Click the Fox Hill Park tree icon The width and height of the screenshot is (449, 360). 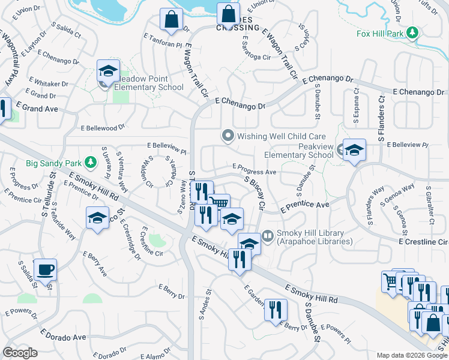coord(412,33)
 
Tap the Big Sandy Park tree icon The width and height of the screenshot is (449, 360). coord(90,162)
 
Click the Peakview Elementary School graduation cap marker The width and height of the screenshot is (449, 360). coord(354,150)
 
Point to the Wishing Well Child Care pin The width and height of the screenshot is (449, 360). coord(228,136)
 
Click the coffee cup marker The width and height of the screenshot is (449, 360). coord(45,269)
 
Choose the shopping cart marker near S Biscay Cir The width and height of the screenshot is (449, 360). coord(219,203)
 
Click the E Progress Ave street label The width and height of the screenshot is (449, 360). coord(254,172)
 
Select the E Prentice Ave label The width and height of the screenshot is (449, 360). coord(306,206)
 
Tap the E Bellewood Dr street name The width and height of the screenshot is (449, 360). coord(103,127)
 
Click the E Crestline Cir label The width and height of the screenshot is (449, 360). coord(423,241)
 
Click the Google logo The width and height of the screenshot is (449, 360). coord(20,353)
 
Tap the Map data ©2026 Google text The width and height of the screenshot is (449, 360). coord(411,355)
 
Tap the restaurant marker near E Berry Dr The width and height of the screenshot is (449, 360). coord(276,310)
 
